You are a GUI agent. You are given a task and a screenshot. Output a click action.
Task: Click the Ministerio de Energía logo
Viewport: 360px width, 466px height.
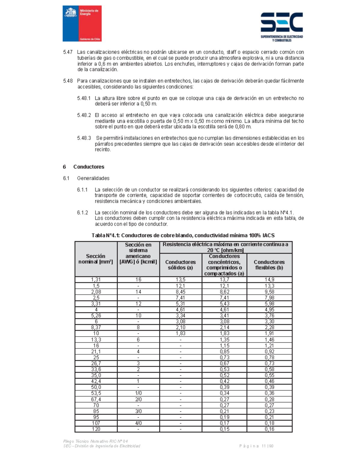tap(82, 23)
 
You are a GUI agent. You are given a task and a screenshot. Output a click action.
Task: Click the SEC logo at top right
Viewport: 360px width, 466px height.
tap(281, 26)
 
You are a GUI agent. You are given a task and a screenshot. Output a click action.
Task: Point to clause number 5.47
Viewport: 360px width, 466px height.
tap(68, 52)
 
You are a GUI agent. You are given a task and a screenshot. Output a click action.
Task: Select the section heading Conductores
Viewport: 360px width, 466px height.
tap(88, 167)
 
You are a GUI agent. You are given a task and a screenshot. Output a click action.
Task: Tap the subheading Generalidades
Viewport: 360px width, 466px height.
tap(93, 178)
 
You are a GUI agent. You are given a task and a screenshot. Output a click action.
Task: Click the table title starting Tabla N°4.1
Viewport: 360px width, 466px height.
tap(183, 236)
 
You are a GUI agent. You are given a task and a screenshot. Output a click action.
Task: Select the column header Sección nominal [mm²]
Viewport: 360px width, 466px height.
tap(96, 259)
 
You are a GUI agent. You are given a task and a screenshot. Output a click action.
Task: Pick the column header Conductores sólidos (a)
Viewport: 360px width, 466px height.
tap(181, 265)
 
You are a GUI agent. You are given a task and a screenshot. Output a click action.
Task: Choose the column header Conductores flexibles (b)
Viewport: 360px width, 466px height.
tap(269, 265)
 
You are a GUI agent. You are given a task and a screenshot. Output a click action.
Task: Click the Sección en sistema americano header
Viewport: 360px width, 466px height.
tap(138, 253)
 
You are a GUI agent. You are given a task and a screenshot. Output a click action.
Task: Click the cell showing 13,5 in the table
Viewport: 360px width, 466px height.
tap(181, 280)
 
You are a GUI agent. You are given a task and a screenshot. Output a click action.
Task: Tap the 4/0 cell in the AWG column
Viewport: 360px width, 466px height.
tap(138, 423)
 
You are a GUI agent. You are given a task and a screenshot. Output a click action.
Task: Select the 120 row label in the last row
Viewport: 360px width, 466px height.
tap(96, 429)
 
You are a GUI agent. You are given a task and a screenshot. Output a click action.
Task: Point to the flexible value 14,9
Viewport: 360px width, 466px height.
tap(269, 280)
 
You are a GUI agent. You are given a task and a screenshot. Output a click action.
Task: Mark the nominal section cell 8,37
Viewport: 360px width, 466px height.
tap(96, 327)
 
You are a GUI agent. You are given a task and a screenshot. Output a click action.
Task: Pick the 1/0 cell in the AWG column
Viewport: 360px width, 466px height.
tap(138, 393)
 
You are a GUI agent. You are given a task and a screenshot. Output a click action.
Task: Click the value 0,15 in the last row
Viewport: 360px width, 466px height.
tap(224, 429)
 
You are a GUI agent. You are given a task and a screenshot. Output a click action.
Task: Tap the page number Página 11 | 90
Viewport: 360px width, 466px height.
tap(256, 446)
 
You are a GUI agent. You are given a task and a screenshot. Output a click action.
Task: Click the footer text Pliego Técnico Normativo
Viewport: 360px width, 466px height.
tap(95, 441)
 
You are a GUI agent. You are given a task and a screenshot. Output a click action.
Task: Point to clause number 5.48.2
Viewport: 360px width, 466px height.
tap(84, 115)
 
